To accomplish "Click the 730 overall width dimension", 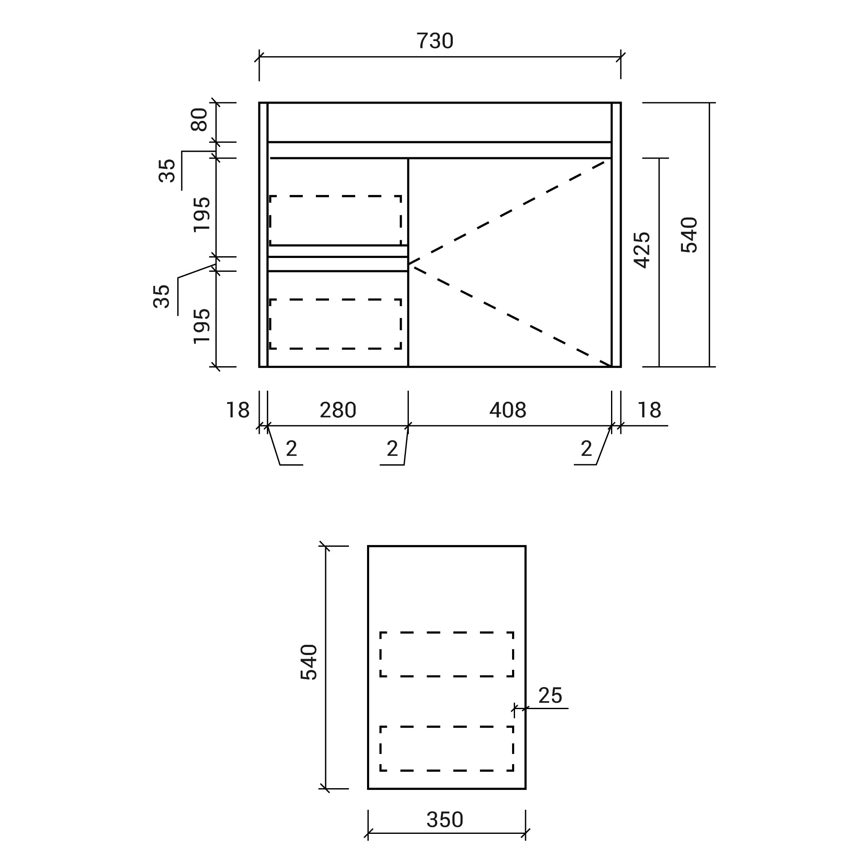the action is click(x=435, y=41).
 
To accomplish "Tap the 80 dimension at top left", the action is click(x=200, y=120).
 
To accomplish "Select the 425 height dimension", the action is click(x=642, y=250).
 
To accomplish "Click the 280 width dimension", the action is click(x=338, y=410).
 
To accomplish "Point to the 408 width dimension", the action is click(x=508, y=410).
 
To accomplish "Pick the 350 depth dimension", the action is click(x=445, y=819).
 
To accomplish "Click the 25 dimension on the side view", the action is click(x=550, y=695).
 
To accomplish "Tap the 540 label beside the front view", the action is click(x=689, y=235).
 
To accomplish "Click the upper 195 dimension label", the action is click(x=202, y=214).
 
